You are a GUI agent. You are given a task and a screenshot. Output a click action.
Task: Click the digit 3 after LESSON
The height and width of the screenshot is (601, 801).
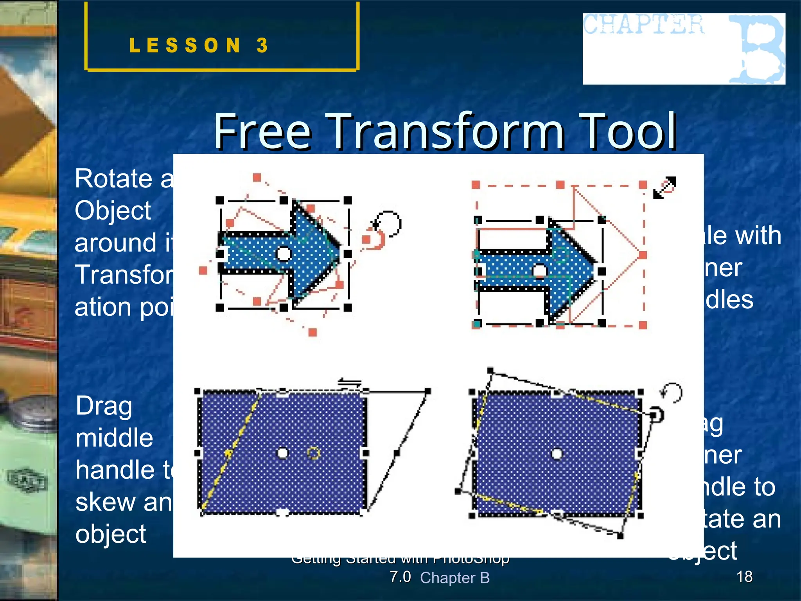click(x=262, y=45)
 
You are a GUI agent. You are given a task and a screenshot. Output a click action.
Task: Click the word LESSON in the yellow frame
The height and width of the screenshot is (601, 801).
click(x=185, y=45)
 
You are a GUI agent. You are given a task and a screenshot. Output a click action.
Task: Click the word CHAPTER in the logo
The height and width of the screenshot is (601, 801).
click(x=643, y=25)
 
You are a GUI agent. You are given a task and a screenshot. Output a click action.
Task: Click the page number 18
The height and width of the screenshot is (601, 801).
click(x=744, y=576)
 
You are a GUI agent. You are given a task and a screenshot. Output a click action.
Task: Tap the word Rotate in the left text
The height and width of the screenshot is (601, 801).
click(x=113, y=179)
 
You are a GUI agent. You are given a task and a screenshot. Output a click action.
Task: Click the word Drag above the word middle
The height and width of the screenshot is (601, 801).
click(x=104, y=406)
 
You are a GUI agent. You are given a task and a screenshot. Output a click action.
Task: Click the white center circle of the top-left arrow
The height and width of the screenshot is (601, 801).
click(x=284, y=254)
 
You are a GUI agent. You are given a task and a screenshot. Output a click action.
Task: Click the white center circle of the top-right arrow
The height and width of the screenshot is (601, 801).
click(x=540, y=271)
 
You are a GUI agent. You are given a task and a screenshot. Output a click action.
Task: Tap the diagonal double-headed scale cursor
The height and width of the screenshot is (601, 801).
click(x=665, y=187)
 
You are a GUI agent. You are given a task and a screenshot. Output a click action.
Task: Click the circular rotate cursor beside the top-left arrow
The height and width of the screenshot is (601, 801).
click(x=388, y=224)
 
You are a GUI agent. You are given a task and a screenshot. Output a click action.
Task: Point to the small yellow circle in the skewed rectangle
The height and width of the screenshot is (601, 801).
click(x=313, y=453)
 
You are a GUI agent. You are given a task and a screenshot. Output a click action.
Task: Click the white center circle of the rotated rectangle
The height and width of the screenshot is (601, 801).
click(x=557, y=454)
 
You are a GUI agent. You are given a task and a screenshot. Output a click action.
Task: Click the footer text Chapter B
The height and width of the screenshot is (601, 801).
click(x=454, y=578)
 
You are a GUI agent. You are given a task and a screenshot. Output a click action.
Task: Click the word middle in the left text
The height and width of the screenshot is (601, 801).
click(x=114, y=438)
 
